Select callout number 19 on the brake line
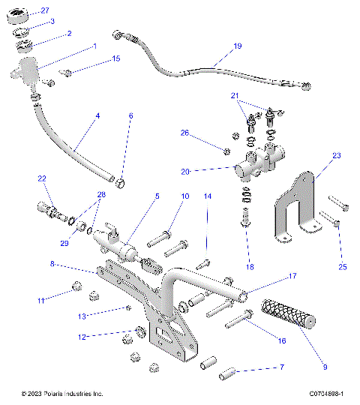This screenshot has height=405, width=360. (237, 46)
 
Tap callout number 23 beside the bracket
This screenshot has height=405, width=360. (337, 156)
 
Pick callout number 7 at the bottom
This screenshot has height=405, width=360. (281, 368)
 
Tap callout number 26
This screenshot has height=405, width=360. (184, 133)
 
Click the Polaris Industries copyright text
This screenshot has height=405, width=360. (63, 394)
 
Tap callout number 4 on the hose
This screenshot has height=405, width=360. (97, 116)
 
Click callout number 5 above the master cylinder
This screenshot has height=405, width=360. (157, 196)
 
